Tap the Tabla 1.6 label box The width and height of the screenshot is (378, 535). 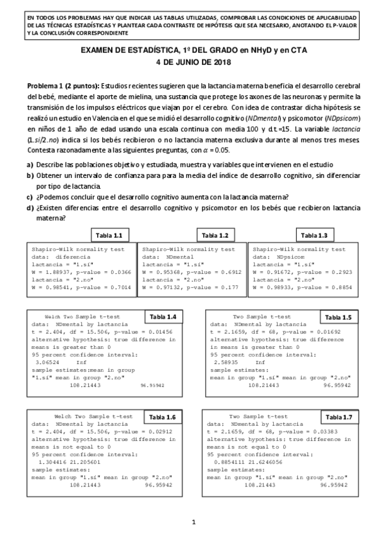pyautogui.click(x=163, y=400)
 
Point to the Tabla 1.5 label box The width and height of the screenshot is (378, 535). pyautogui.click(x=338, y=317)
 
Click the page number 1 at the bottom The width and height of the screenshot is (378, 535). pyautogui.click(x=194, y=522)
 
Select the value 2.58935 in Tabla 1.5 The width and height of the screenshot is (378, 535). pyautogui.click(x=227, y=363)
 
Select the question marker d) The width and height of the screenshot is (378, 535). pyautogui.click(x=30, y=208)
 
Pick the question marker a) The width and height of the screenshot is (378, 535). pyautogui.click(x=30, y=165)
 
